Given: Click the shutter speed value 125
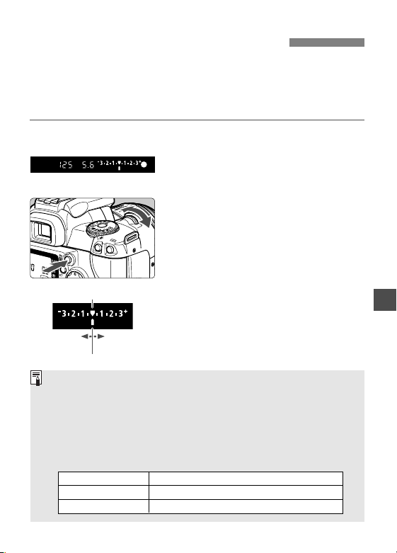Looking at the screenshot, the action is [66, 165].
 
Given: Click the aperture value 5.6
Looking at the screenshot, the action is [88, 165].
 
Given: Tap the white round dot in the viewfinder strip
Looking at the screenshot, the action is [144, 164].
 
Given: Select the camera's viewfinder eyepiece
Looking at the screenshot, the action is [42, 231].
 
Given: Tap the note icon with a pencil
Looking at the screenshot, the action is [36, 378].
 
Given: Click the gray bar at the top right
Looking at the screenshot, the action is [327, 42].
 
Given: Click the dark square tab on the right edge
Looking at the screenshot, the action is [385, 300].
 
